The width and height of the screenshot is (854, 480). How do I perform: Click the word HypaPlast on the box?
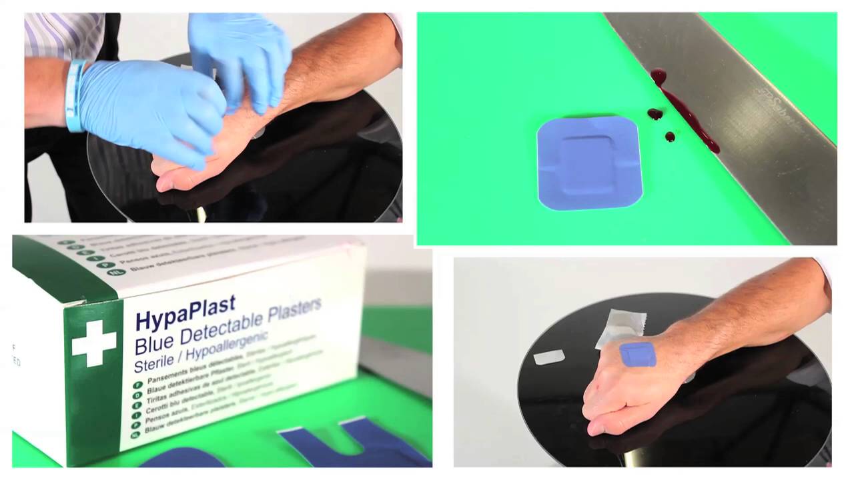[185, 313]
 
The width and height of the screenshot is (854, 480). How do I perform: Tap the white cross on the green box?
[94, 343]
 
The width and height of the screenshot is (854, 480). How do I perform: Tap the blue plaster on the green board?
[589, 163]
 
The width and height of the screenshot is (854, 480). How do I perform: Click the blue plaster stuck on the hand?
[638, 354]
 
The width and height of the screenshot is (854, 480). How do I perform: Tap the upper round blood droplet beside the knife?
[655, 114]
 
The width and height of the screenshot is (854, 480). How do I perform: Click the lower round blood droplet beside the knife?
[670, 137]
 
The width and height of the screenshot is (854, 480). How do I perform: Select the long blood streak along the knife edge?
[687, 113]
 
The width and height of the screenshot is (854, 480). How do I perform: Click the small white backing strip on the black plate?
[548, 358]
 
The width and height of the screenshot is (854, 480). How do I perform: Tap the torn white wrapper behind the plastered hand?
[622, 327]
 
